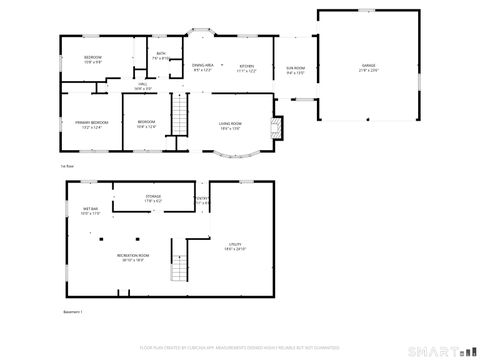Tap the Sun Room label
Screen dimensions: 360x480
[295, 70]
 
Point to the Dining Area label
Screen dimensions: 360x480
[203, 68]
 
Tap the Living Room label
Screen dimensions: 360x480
[232, 125]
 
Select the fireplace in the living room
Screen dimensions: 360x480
[278, 127]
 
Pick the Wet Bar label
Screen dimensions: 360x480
[90, 211]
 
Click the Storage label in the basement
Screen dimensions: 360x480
[153, 198]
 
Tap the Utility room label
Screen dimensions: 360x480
[235, 246]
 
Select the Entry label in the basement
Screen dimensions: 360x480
[202, 200]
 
